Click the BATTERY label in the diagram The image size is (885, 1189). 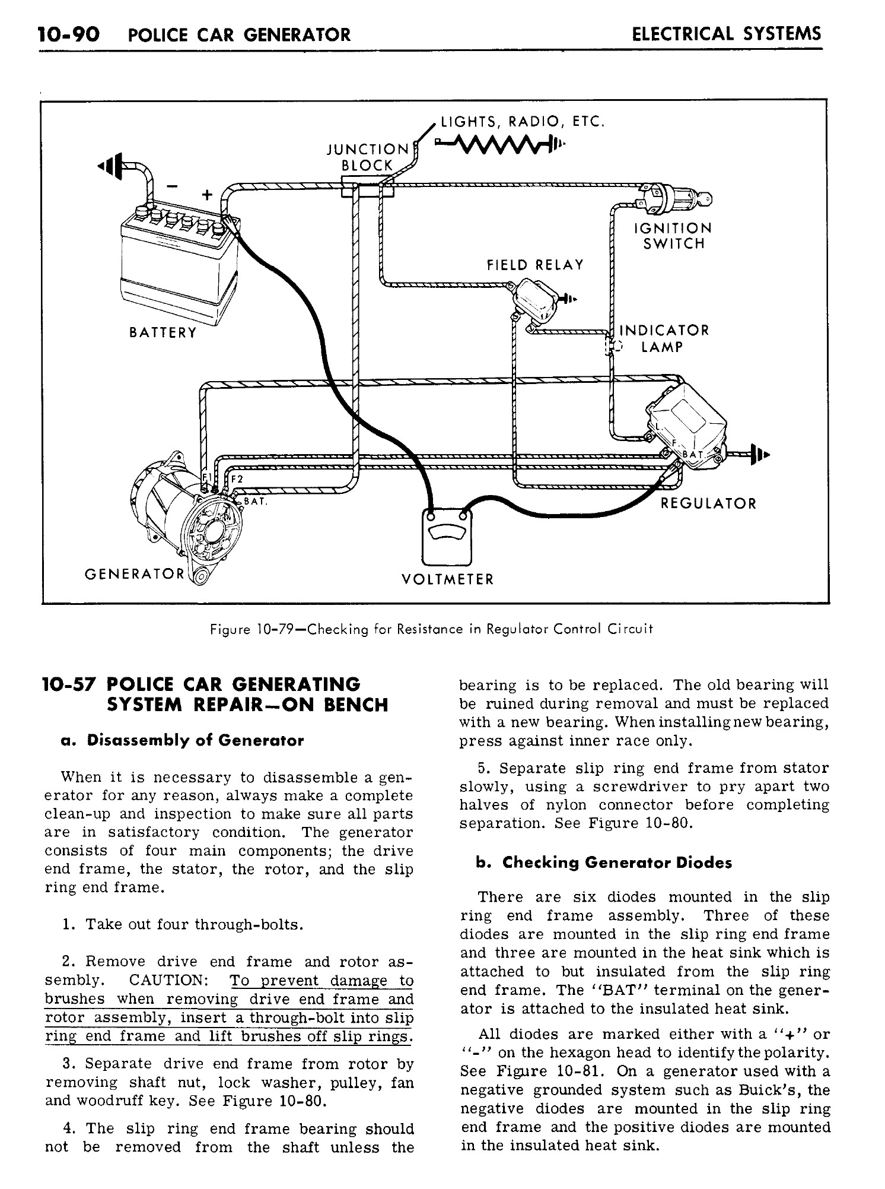[x=163, y=332]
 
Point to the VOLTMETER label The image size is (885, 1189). [x=447, y=579]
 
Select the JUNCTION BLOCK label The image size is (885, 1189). [x=368, y=157]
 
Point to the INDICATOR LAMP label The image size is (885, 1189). [x=664, y=338]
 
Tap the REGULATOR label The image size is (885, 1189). [x=708, y=504]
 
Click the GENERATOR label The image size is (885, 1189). [x=135, y=574]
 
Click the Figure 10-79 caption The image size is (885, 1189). [x=432, y=629]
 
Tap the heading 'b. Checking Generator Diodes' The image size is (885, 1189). [x=604, y=863]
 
